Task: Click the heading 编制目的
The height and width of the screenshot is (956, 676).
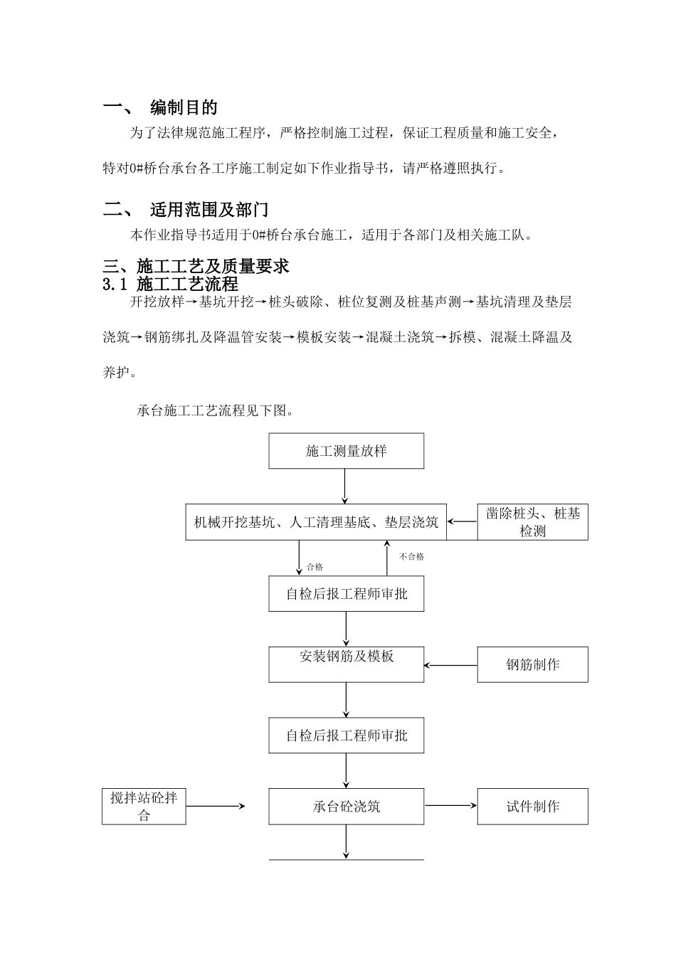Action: (184, 108)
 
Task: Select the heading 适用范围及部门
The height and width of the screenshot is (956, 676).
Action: (209, 210)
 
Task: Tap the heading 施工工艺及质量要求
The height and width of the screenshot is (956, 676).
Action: (213, 267)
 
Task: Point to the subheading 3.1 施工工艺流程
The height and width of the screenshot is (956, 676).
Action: (170, 285)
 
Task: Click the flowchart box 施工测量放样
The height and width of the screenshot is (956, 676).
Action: (346, 451)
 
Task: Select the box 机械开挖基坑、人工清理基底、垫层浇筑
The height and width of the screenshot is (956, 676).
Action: (316, 522)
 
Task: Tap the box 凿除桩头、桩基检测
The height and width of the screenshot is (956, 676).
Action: (532, 522)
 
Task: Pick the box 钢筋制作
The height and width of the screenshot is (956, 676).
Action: (532, 664)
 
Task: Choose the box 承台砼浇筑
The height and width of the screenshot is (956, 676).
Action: (346, 807)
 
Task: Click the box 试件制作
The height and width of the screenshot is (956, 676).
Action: (532, 807)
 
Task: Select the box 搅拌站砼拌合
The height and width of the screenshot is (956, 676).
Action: (144, 807)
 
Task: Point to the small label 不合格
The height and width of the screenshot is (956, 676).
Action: (412, 557)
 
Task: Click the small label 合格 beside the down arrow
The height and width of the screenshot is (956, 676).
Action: (315, 568)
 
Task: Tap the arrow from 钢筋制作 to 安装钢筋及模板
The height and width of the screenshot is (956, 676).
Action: (450, 666)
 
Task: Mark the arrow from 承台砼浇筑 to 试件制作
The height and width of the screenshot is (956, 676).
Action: (450, 806)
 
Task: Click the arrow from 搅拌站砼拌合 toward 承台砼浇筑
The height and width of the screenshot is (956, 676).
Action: (215, 806)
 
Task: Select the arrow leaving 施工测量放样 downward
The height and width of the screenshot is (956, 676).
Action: (345, 487)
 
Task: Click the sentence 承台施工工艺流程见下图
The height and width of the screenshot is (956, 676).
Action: (214, 411)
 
